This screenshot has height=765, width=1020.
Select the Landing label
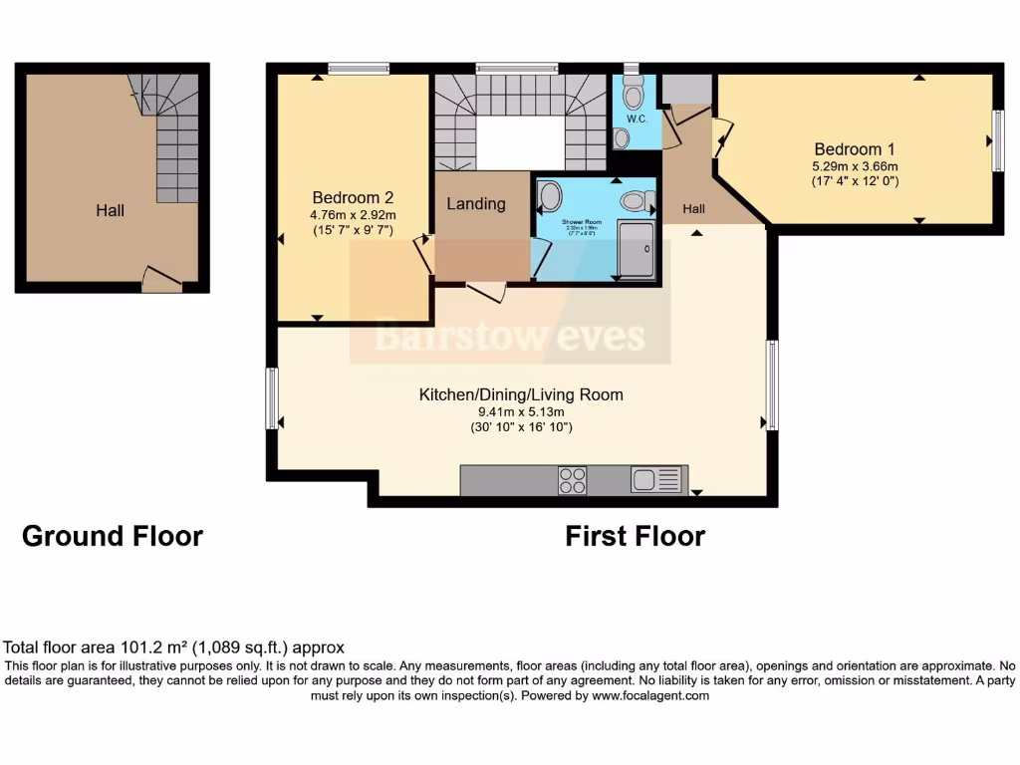point(476,203)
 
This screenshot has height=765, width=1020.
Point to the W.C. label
point(637,119)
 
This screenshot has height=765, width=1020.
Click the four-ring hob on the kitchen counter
point(573,480)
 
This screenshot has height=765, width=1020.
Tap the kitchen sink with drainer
point(656,480)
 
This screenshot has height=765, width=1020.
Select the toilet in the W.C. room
point(633,94)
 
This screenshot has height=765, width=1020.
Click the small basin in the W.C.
point(622,137)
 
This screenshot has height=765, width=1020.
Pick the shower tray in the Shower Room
point(636,249)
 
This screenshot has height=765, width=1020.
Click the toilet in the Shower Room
point(635,201)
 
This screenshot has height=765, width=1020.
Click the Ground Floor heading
point(113,536)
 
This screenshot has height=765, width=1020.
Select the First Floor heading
point(636,536)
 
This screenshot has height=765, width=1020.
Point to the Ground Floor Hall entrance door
point(161,279)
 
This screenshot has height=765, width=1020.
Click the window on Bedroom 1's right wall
point(997,140)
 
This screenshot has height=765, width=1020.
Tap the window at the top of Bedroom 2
point(359,69)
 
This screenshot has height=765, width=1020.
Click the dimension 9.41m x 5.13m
point(520,411)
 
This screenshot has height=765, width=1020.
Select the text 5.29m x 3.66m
point(856,166)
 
